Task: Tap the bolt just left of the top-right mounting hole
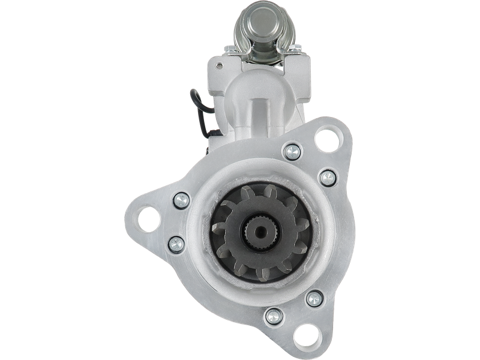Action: click(292, 152)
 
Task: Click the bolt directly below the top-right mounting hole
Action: click(327, 178)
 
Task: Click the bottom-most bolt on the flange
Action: click(272, 314)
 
